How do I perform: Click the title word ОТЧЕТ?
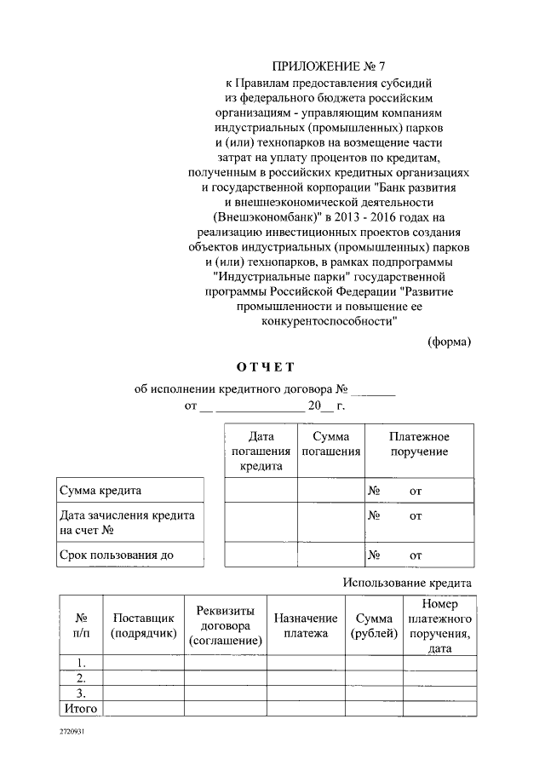pos(265,367)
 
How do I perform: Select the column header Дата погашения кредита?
pos(261,451)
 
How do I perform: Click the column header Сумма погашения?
pos(330,444)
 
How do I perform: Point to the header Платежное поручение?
pos(419,444)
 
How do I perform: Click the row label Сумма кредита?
pos(100,492)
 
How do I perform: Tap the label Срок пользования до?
pos(116,555)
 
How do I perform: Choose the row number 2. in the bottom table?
pos(81,678)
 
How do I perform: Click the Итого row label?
pos(81,708)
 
